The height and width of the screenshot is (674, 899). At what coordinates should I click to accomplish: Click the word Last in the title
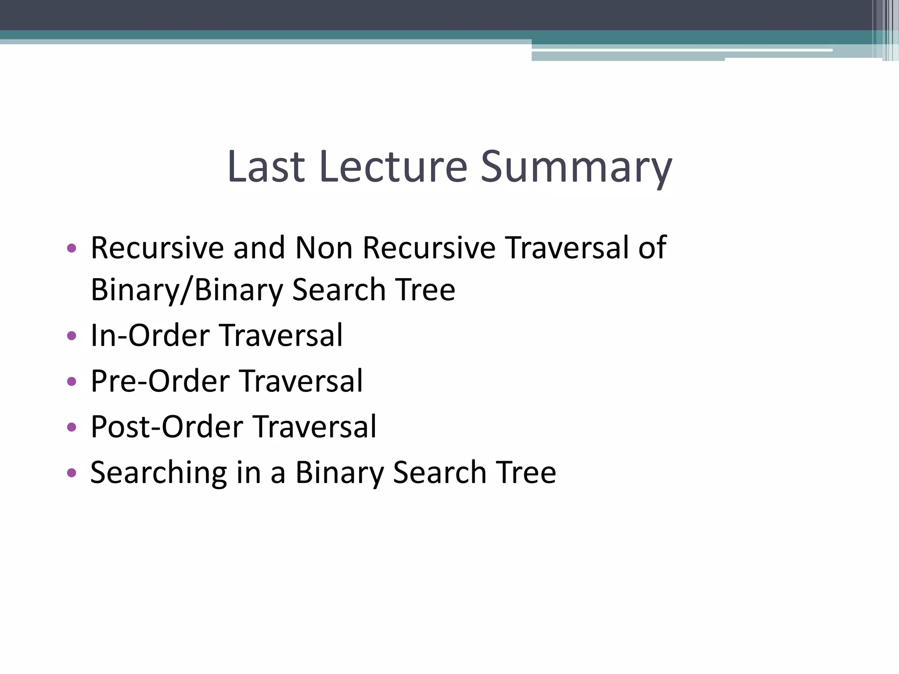tap(266, 167)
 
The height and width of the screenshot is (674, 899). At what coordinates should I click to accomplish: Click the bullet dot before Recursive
tap(72, 248)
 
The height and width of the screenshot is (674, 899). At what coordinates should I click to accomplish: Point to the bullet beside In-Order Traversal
tap(72, 336)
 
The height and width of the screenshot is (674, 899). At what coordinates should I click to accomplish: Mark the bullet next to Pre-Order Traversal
tap(72, 381)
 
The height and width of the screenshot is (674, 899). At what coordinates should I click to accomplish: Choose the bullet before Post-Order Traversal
tap(72, 427)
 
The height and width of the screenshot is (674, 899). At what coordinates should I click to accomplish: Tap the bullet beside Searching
tap(72, 473)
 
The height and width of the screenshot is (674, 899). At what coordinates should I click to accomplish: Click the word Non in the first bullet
tap(324, 248)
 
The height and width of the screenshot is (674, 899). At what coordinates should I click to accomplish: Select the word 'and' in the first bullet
tap(259, 248)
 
